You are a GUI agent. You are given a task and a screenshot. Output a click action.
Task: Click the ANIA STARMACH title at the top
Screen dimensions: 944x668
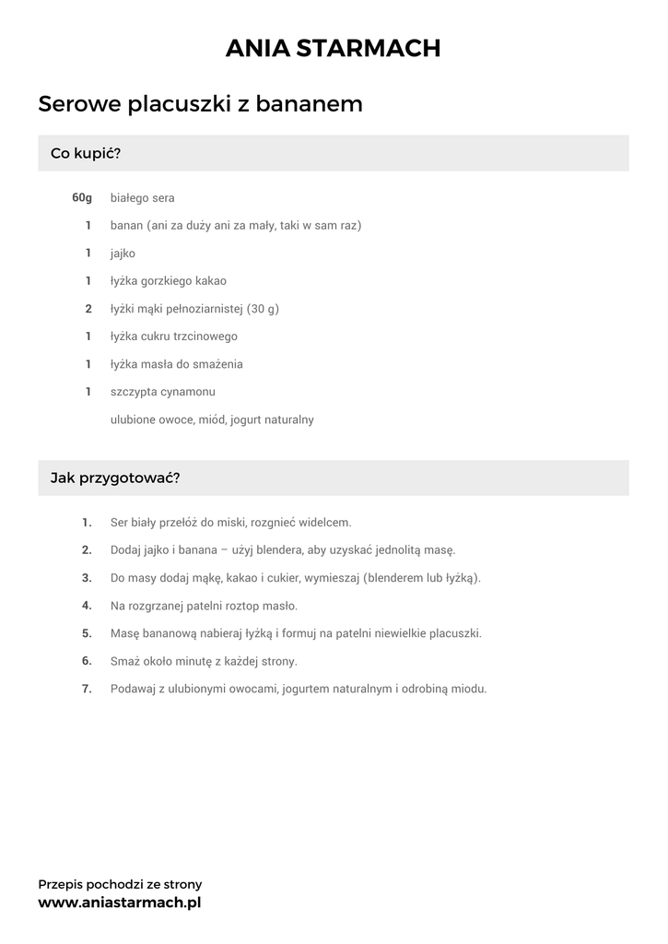point(334,48)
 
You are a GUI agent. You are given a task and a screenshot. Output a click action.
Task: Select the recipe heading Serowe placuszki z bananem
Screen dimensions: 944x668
point(200,104)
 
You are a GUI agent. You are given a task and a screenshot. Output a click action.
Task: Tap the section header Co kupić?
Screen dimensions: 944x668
point(86,153)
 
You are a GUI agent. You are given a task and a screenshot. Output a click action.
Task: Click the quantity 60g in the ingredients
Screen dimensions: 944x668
point(81,198)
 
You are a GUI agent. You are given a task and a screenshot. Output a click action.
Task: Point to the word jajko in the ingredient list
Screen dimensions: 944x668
point(123,254)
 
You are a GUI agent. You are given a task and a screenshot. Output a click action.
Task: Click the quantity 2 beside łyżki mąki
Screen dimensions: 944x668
point(88,309)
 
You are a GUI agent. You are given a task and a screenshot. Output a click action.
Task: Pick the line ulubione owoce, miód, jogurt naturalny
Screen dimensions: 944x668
point(212,419)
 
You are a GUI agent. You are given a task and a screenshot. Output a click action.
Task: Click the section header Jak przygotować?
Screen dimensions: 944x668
point(114,478)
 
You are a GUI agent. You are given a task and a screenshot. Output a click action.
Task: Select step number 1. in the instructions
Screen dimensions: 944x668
point(87,522)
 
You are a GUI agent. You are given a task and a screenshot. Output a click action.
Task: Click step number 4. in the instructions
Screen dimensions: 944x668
point(87,606)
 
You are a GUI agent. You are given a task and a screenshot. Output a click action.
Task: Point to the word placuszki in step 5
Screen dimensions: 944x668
point(453,633)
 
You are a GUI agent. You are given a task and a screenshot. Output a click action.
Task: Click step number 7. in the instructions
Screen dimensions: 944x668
point(87,689)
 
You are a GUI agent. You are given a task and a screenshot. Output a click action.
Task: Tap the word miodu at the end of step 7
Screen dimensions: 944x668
point(470,689)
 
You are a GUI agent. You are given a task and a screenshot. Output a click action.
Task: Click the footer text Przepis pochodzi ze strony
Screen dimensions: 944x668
point(120,884)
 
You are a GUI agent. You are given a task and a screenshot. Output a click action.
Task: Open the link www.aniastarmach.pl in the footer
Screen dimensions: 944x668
point(120,903)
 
